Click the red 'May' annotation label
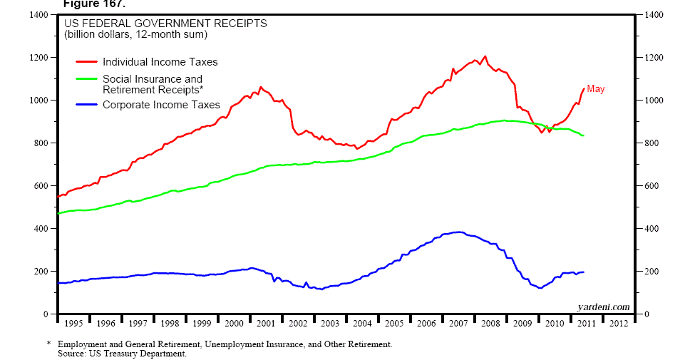[596, 89]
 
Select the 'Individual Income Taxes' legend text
[160, 62]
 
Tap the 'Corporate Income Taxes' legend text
[161, 105]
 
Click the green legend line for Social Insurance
[86, 79]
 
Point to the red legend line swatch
[86, 62]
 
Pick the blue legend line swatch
[86, 105]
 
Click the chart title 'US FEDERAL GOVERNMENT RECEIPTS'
[166, 23]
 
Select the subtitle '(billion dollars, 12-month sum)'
[135, 34]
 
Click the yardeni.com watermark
[604, 307]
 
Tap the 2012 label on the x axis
[617, 324]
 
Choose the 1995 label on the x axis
[73, 324]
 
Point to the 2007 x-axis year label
[458, 324]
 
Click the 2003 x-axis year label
[329, 324]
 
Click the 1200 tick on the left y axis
[38, 58]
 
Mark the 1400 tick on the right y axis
[655, 15]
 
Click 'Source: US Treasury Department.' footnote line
[123, 354]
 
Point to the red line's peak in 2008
[485, 56]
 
